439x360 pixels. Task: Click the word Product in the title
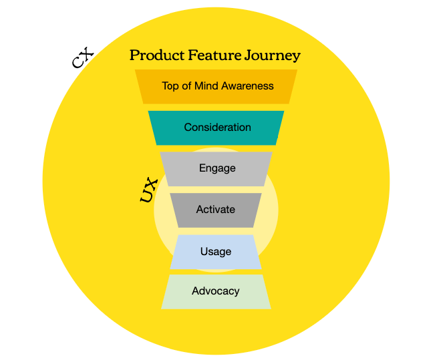(154, 55)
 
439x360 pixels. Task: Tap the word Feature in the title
(210, 55)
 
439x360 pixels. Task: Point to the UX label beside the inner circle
(148, 190)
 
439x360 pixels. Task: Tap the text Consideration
(217, 128)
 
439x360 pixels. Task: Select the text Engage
(217, 168)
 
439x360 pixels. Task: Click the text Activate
(216, 210)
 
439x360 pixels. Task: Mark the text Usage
(216, 252)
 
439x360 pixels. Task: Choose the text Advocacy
(216, 291)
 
